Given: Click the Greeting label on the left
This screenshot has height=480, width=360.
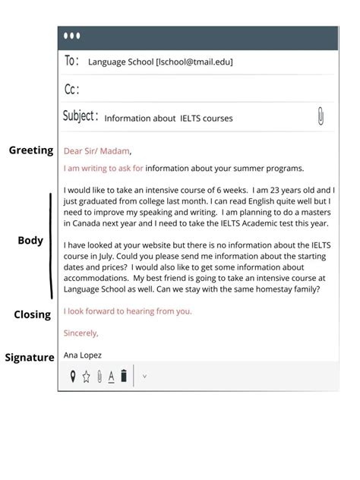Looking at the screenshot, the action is tap(31, 150).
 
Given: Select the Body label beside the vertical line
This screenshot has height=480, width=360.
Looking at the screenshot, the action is tap(30, 241).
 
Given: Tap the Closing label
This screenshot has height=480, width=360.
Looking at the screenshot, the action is tap(32, 314).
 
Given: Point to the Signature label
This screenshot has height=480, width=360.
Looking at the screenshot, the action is tap(30, 357).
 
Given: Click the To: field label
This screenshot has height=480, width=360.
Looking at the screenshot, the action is tap(72, 62).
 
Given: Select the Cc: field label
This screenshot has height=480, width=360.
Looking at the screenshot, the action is tap(72, 90).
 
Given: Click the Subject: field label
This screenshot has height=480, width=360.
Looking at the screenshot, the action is tap(81, 117).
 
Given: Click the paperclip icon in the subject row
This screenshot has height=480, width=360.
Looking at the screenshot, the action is tap(321, 117).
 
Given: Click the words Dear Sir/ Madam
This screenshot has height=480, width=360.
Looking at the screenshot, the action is tap(97, 150).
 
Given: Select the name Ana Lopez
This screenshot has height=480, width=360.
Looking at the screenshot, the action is tap(83, 355).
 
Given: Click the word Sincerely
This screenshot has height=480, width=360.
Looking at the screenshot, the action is tap(81, 333).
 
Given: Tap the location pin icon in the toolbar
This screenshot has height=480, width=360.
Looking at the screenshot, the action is tap(73, 376).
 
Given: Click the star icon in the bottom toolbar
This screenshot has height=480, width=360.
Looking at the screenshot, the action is tap(86, 376).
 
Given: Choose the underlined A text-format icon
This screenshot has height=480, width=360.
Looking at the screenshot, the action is tap(111, 376).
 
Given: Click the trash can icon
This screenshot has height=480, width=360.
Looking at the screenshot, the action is tap(124, 376).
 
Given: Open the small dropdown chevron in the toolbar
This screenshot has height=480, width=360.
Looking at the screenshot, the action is tap(144, 376).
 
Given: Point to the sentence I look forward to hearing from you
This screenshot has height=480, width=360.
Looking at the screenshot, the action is tap(128, 311).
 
